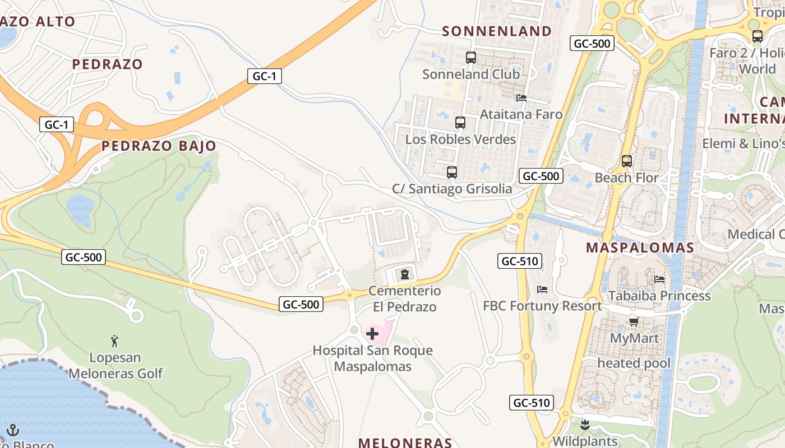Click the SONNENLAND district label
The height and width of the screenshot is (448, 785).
coord(497,31)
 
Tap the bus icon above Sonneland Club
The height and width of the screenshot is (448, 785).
coord(471,57)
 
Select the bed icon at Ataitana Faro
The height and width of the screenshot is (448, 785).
coord(521,98)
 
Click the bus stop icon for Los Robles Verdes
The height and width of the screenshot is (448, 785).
coord(460,122)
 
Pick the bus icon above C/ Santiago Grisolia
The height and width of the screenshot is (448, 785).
coord(452,172)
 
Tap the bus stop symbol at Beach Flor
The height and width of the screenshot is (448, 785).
coord(627,161)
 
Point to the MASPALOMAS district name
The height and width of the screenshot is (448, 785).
coord(640,248)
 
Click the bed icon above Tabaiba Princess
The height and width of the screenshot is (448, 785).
coord(659,279)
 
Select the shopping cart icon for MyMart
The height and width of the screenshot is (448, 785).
coord(634,321)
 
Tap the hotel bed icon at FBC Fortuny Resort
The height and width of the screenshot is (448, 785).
coord(542,290)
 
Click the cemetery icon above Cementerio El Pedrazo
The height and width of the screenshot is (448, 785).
coord(404,274)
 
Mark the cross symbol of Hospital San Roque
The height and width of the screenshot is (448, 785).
coord(372,334)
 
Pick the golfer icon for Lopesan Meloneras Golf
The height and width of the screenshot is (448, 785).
coord(115,340)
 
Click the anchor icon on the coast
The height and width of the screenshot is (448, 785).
coord(12,430)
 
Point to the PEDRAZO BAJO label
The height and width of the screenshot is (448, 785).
coord(159,146)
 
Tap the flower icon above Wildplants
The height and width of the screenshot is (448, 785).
coord(585,424)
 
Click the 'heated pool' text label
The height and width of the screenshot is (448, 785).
coord(634,363)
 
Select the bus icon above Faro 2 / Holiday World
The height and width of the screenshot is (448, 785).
coord(758,36)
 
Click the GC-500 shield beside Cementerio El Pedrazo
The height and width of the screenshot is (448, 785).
coord(301,304)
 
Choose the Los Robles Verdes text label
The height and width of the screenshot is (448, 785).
coord(460,139)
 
